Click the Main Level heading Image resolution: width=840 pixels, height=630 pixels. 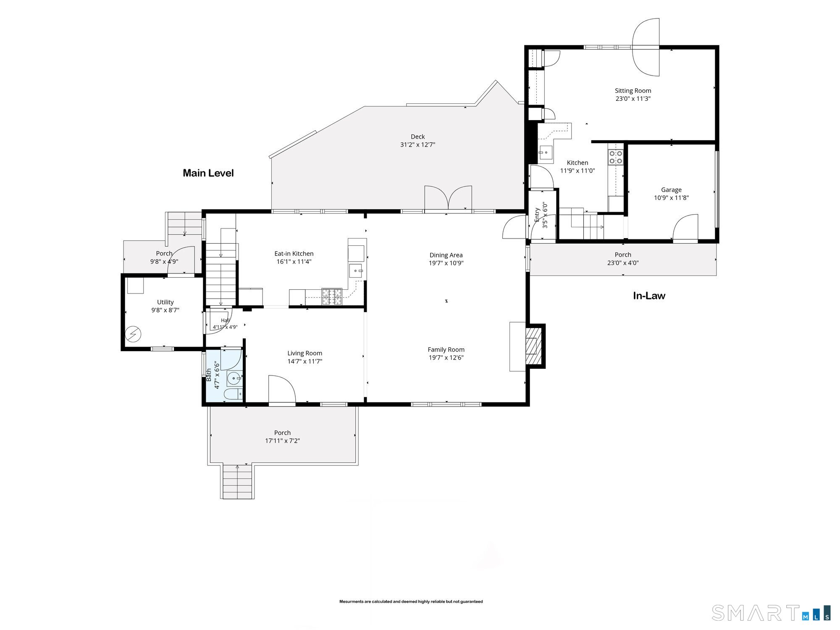(208, 173)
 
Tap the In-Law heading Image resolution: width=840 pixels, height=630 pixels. (649, 296)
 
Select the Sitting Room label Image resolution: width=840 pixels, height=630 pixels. (633, 91)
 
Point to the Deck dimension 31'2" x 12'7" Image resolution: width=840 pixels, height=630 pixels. (417, 145)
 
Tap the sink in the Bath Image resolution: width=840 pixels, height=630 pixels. (234, 378)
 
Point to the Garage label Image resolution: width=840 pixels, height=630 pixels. (671, 190)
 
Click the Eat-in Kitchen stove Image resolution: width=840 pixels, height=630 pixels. (333, 296)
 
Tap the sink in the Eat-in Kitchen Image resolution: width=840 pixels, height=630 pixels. (357, 271)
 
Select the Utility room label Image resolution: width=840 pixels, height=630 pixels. (165, 302)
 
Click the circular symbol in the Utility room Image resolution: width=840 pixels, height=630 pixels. (133, 335)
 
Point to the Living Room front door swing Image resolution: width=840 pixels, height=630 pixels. (282, 390)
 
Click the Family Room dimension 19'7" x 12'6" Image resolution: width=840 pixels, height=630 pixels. (446, 358)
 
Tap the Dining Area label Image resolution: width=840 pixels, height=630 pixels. (446, 255)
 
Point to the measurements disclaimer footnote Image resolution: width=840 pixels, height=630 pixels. (411, 601)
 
